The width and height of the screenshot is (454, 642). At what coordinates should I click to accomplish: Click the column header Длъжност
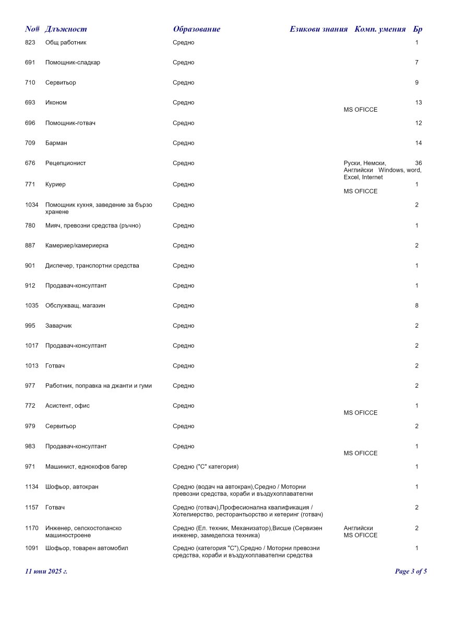coord(66,29)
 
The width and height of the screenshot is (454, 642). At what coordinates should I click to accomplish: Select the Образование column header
coord(196,29)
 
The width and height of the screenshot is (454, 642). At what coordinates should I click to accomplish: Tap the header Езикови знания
coord(318,29)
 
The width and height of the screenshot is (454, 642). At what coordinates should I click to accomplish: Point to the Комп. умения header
coord(380,29)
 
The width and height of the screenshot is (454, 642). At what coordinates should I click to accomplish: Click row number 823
coord(30,42)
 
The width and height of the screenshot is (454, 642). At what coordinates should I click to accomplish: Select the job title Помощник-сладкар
coord(73,63)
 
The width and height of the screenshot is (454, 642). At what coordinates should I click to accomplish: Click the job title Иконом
coord(56,103)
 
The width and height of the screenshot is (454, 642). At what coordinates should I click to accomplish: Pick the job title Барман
coord(56,143)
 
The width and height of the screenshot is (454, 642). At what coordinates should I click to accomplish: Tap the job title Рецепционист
coord(65,163)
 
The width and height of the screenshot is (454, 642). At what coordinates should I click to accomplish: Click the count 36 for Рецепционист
coord(418,163)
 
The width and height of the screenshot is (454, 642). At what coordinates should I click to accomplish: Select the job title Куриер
coord(55,184)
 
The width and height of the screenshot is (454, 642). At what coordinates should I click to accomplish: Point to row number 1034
coord(31,205)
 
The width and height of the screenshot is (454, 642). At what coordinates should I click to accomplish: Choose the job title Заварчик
coord(58,326)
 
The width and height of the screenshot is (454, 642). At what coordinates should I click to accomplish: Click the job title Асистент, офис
coord(67,406)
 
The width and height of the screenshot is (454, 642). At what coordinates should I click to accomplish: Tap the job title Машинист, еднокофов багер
coord(86,467)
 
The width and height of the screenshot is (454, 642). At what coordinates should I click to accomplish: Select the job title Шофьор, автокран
coord(71,487)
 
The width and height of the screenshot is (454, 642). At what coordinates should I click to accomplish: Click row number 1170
coord(31,528)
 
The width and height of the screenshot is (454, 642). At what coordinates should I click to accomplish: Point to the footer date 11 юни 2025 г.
coord(46,572)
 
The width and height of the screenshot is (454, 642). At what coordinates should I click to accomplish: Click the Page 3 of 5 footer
coord(411,572)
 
